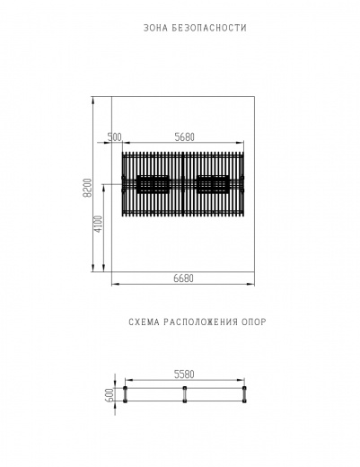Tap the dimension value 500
[x=115, y=137]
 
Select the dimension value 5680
[x=184, y=137]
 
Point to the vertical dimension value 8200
[x=88, y=188]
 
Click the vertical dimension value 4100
[x=99, y=225]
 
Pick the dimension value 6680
[x=184, y=278]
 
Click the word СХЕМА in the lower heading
[x=145, y=322]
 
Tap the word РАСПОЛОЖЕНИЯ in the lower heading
[x=201, y=322]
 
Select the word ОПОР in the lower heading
[x=254, y=322]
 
